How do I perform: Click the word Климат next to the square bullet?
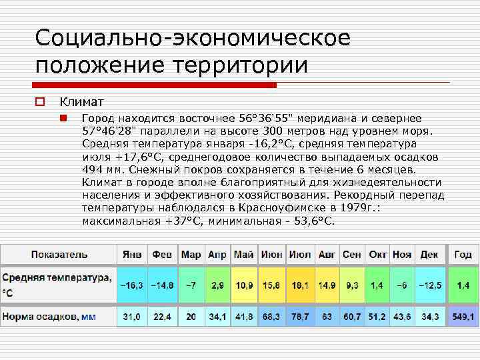pyautogui.click(x=82, y=102)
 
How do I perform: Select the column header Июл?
pyautogui.click(x=300, y=255)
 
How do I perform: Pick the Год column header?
pyautogui.click(x=463, y=255)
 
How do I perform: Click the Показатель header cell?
pyautogui.click(x=59, y=255)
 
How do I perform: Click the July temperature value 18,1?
pyautogui.click(x=300, y=285)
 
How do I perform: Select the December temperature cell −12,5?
pyautogui.click(x=429, y=285)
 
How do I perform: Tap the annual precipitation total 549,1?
pyautogui.click(x=463, y=317)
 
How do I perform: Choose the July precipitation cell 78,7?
pyautogui.click(x=300, y=317)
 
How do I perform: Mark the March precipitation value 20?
pyautogui.click(x=191, y=317)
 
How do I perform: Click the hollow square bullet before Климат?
pyautogui.click(x=40, y=102)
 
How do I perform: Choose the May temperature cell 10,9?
pyautogui.click(x=245, y=285)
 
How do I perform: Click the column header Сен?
pyautogui.click(x=351, y=255)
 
